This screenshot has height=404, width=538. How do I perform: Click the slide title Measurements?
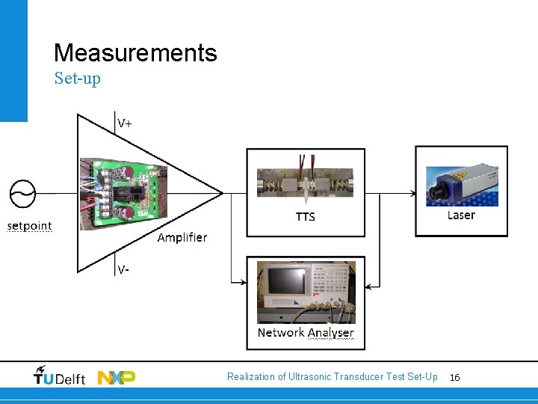click(x=135, y=53)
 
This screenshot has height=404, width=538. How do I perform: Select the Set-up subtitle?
click(x=77, y=79)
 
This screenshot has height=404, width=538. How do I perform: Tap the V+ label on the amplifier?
click(x=124, y=123)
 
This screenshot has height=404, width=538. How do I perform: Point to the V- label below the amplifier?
click(x=123, y=270)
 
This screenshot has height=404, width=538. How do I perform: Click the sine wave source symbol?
click(x=22, y=193)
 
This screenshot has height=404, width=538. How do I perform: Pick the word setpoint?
click(x=30, y=226)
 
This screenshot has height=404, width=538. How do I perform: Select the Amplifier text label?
click(x=182, y=238)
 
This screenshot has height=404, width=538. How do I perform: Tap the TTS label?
click(x=306, y=217)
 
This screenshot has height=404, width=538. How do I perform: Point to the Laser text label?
click(x=461, y=215)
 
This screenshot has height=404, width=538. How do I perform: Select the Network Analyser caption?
click(x=306, y=333)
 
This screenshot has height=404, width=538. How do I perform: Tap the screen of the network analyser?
click(x=286, y=278)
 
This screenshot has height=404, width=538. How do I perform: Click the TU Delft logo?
click(x=60, y=376)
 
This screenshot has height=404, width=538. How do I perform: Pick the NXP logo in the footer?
click(x=117, y=377)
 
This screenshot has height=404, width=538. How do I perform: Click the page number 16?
click(x=455, y=378)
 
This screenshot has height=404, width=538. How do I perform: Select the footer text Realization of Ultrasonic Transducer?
click(x=332, y=377)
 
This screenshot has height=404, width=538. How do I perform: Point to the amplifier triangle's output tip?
click(x=222, y=193)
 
